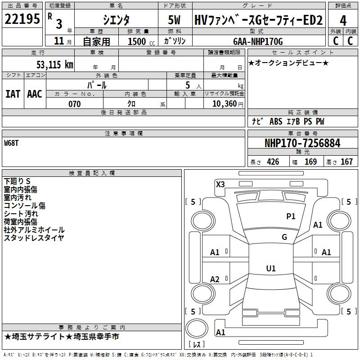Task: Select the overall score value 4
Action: coord(343,21)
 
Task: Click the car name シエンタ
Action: coord(116,21)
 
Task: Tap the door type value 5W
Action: coord(174,21)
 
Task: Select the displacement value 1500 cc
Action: coord(139,42)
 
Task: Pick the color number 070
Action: coord(74,104)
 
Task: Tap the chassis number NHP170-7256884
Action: coord(302,144)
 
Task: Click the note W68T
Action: coord(12,144)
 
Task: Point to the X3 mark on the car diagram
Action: coord(220,184)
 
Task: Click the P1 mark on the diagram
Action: coord(291,216)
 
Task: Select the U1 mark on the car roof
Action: coord(271,269)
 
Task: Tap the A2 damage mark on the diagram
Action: coord(215,279)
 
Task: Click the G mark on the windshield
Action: coord(284,237)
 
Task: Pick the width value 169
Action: coord(310,162)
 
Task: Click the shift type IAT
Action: coord(13,94)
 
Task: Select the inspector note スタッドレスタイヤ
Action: coord(34,238)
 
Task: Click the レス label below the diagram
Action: coord(198,345)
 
